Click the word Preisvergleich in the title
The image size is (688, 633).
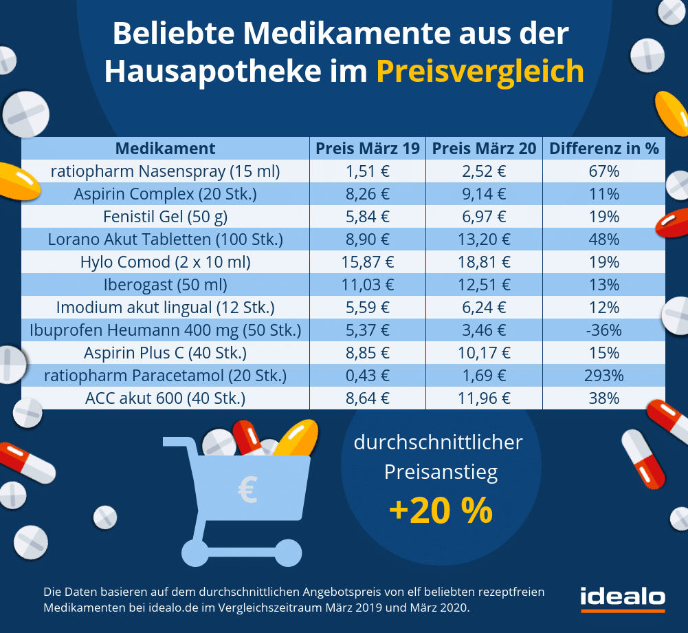pos(480,72)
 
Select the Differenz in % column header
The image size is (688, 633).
pos(604,149)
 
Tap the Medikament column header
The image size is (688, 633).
pos(165,149)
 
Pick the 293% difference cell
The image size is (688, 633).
pos(604,376)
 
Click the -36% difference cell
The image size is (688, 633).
pos(604,330)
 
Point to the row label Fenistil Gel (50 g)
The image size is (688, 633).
pos(165,217)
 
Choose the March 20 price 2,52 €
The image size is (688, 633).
pos(484,171)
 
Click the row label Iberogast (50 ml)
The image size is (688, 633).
pos(165,285)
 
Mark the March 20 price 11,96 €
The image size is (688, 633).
pos(484,398)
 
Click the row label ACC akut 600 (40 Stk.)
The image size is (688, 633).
pos(165,398)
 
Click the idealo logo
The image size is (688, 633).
pos(622,598)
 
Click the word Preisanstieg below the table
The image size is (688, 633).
pos(441,473)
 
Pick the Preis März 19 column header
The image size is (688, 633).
pos(367,149)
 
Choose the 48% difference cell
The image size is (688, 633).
pos(604,239)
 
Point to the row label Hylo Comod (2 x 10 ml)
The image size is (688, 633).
pos(165,262)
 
